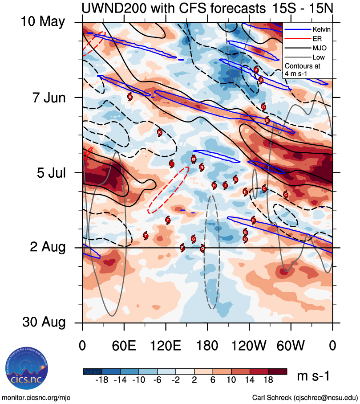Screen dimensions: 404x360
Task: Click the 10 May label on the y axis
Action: pyautogui.click(x=43, y=22)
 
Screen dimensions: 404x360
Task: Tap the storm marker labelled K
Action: pyautogui.click(x=160, y=132)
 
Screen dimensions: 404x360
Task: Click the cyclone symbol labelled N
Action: pyautogui.click(x=202, y=167)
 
